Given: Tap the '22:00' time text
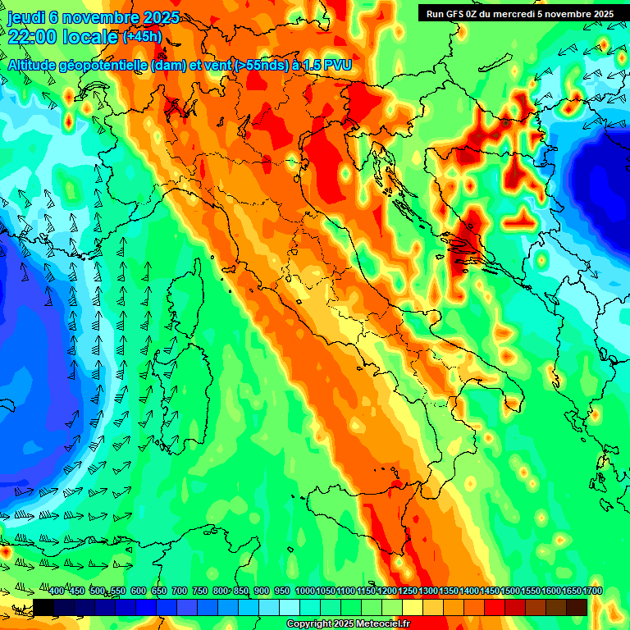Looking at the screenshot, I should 31,37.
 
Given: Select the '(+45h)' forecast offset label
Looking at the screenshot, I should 141,37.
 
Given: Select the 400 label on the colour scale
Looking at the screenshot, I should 57,591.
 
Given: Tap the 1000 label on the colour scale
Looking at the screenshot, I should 304,591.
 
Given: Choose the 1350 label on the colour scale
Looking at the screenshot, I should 448,591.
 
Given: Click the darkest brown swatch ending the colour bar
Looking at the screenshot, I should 577,607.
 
